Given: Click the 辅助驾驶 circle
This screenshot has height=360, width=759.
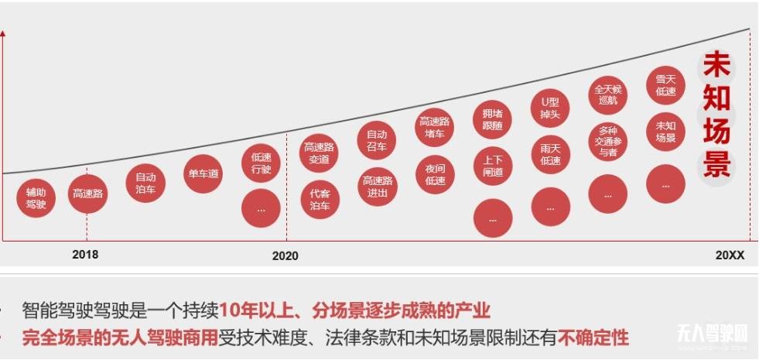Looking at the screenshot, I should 36,198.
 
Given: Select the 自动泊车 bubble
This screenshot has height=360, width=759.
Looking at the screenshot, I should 145,183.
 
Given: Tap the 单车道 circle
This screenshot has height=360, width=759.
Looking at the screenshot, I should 203,174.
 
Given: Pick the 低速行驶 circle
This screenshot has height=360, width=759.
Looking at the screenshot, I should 261,163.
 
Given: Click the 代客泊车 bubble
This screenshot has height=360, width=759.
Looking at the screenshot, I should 320,200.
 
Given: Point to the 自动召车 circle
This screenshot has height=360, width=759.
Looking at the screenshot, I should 377,139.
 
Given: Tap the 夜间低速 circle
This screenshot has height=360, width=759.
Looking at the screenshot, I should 435,174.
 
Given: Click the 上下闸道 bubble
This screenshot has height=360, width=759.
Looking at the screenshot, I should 493,166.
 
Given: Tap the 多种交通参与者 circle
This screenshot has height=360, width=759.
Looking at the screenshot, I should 608,142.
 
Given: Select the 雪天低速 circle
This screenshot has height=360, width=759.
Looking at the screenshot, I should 665,84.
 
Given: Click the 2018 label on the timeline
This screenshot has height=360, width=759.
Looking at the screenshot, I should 85,254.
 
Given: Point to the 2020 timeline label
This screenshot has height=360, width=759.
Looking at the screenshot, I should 285,255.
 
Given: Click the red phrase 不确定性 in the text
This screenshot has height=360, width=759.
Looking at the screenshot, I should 593,338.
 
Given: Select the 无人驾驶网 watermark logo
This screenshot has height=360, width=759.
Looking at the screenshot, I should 713,334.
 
